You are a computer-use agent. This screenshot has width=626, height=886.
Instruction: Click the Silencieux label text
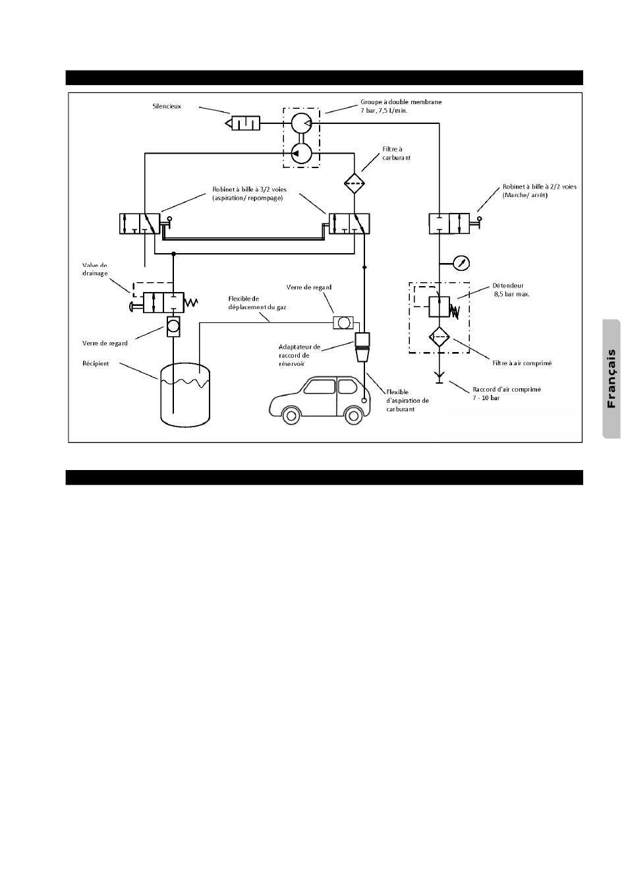pos(165,106)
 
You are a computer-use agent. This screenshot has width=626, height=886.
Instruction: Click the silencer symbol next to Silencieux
pos(243,123)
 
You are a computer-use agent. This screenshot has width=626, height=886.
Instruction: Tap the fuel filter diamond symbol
pos(355,182)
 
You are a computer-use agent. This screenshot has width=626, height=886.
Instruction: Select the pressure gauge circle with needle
pos(463,263)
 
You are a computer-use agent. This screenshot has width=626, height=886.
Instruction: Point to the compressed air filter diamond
pos(438,338)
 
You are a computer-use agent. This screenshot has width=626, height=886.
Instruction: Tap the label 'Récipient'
pos(96,363)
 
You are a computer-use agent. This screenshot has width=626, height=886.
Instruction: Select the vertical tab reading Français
pos(612,378)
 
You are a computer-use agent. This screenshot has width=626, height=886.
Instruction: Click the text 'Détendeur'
pos(508,285)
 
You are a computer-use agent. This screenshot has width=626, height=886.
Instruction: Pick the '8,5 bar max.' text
pos(511,294)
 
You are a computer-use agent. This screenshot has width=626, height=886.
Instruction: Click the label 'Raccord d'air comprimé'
pos(507,389)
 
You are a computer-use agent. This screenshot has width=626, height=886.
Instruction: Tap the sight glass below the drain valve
pos(173,326)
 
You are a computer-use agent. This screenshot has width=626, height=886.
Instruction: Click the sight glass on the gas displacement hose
pos(343,322)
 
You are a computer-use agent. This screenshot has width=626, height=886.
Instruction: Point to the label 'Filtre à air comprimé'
pos(522,363)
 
